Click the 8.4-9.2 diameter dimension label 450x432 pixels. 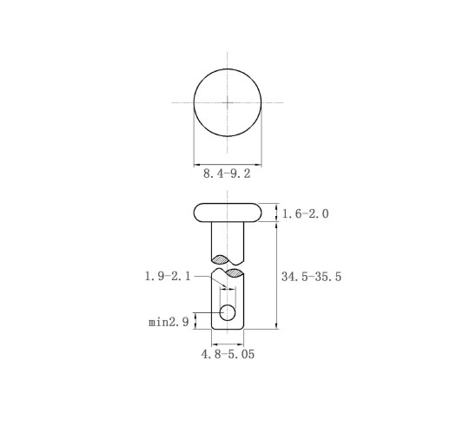(x=227, y=173)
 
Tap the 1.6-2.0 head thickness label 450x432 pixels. (x=305, y=214)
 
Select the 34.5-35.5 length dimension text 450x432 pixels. (x=311, y=277)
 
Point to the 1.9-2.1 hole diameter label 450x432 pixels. (x=168, y=277)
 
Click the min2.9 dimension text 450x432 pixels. (x=169, y=322)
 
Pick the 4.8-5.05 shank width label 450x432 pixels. (x=228, y=354)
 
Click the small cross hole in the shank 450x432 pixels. (x=228, y=312)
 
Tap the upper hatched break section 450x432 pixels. (x=221, y=259)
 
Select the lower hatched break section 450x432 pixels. (x=235, y=272)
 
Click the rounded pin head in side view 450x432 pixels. (x=228, y=213)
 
